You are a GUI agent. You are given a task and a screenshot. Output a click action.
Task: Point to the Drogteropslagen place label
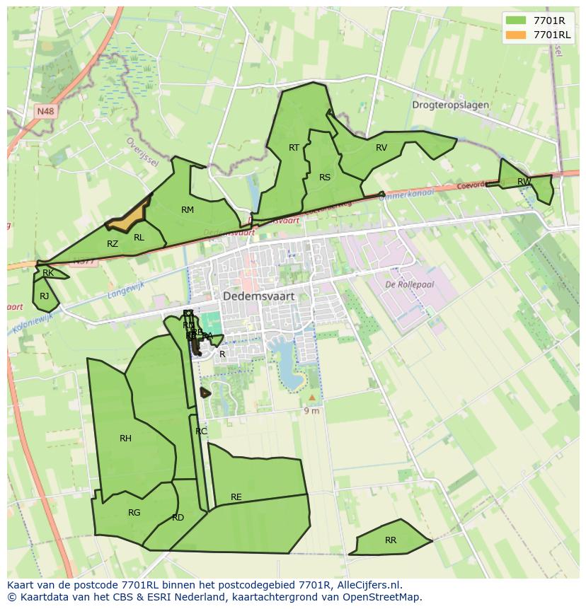[450, 105]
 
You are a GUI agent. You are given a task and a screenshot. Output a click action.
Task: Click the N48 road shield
[45, 112]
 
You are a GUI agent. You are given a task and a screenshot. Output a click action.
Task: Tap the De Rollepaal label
[409, 284]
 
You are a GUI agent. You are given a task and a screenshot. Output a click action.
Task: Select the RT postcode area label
[294, 147]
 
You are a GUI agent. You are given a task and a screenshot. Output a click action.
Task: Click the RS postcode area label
[325, 178]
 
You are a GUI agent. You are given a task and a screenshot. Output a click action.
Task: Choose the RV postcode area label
[381, 148]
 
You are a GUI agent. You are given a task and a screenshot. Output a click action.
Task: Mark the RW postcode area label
[524, 182]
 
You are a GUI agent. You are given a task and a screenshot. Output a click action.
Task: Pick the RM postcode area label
[188, 209]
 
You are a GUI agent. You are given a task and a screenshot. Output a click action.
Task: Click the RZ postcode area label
[113, 244]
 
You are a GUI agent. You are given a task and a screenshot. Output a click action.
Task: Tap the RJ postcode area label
[45, 296]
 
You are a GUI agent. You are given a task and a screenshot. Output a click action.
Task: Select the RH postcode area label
[125, 439]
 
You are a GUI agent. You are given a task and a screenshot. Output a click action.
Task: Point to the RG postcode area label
[134, 513]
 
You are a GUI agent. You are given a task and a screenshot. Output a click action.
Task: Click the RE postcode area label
[236, 497]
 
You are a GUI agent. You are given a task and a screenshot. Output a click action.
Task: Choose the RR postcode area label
[391, 540]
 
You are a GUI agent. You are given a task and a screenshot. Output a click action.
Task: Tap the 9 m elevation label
[311, 411]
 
